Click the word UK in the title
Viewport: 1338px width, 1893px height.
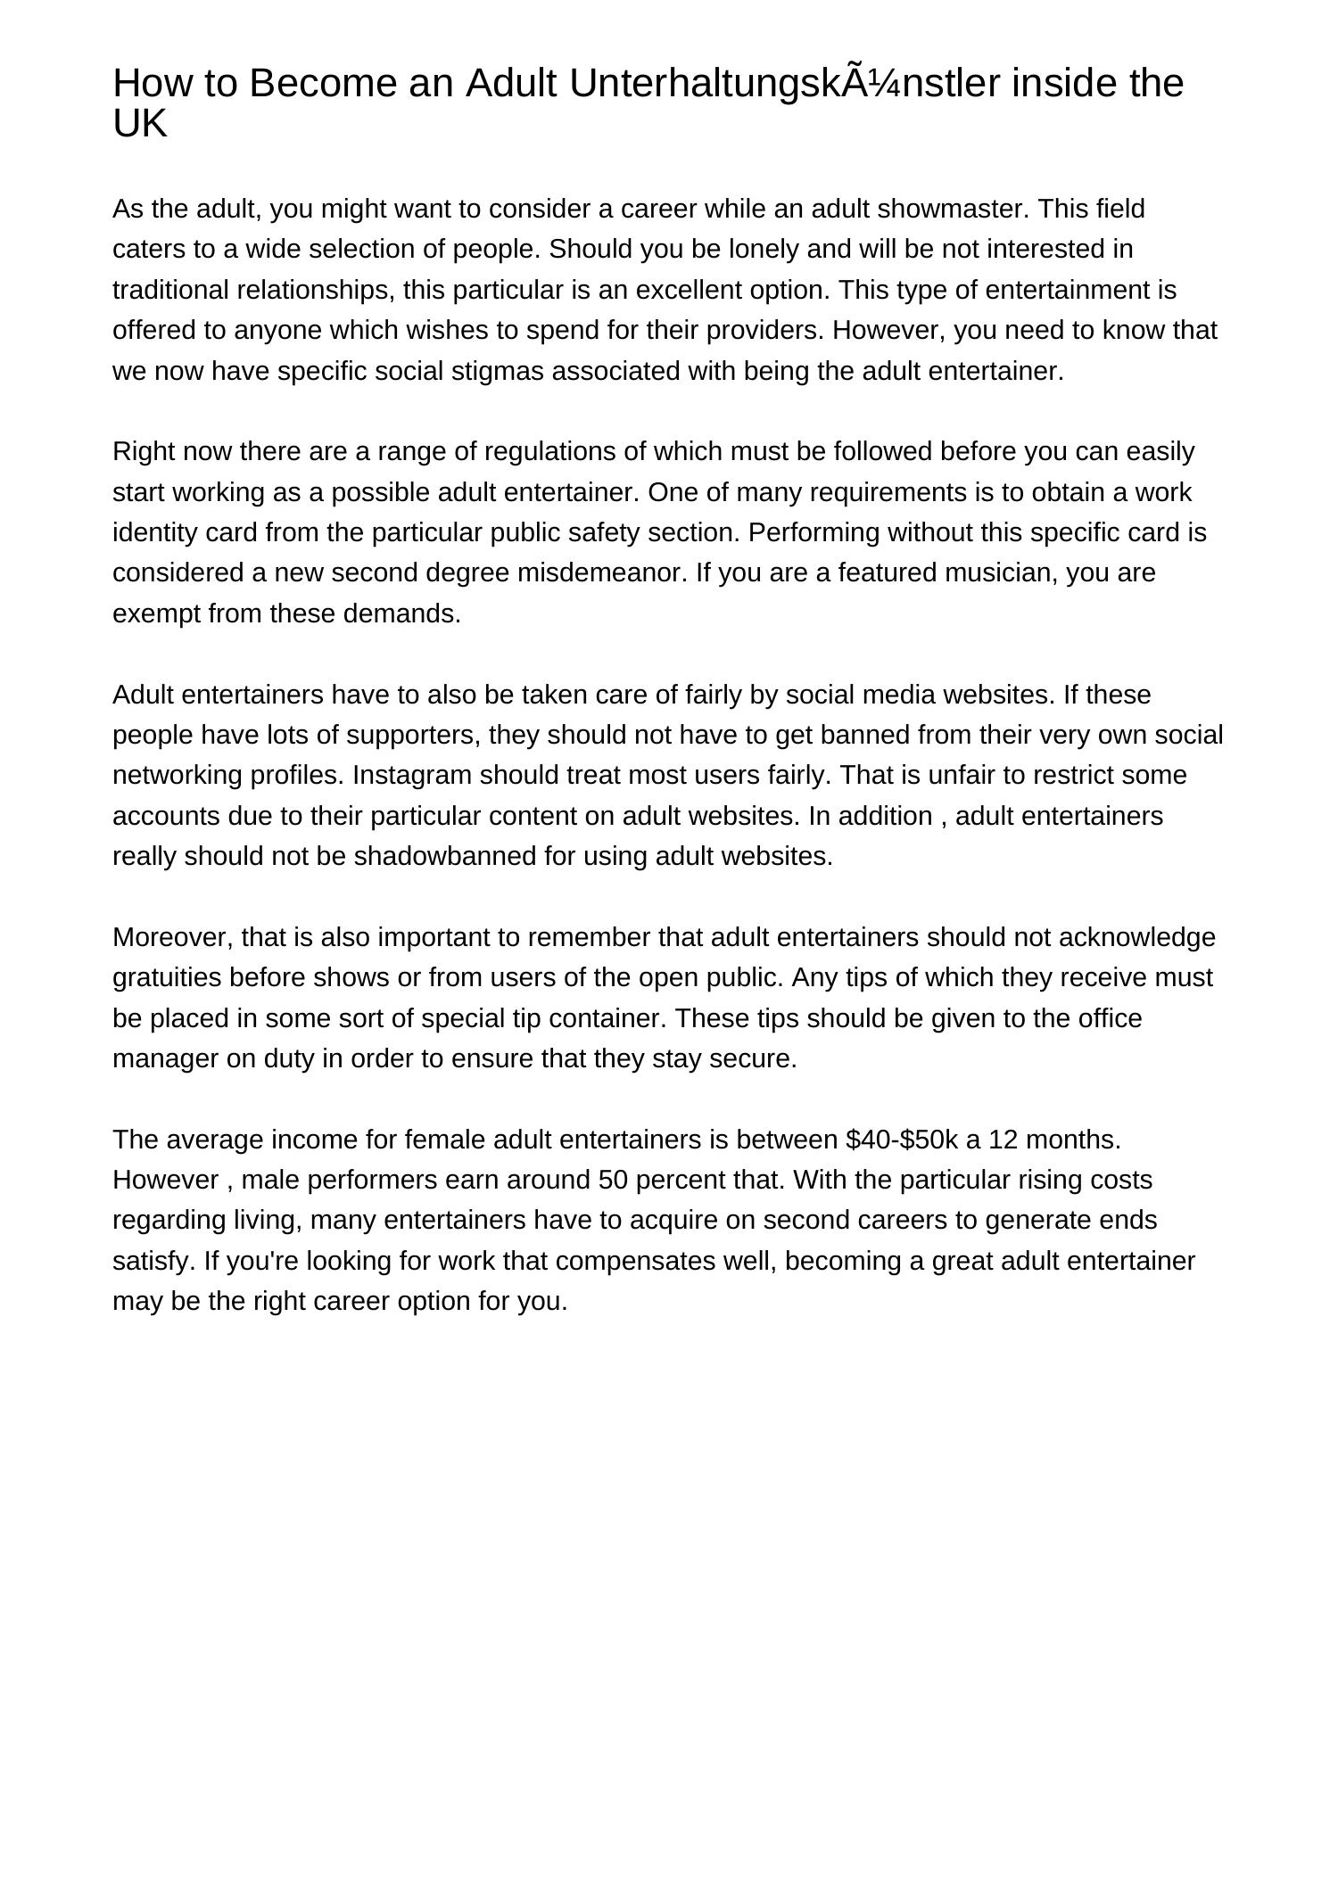click(140, 124)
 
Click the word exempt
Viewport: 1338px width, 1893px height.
click(157, 614)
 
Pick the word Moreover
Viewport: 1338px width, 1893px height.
click(173, 938)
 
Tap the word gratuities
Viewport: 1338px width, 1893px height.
click(167, 978)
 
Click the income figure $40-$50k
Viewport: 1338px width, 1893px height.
click(903, 1140)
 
